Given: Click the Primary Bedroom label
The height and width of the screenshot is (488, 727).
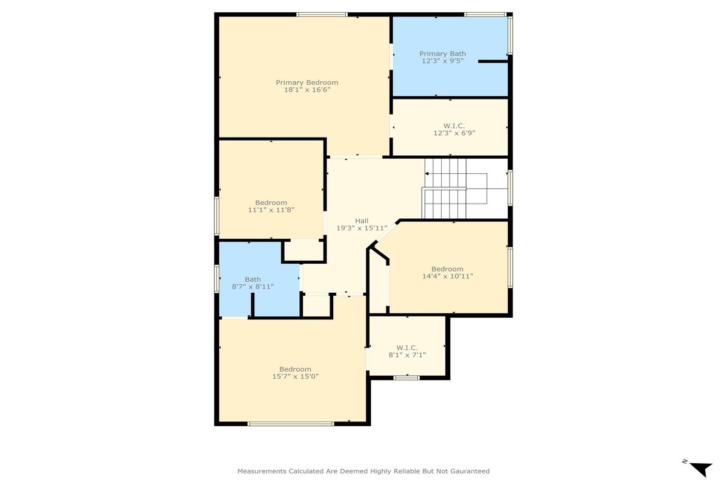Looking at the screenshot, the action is (x=307, y=83).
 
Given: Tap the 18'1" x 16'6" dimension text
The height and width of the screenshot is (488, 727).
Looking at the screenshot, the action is (x=307, y=90).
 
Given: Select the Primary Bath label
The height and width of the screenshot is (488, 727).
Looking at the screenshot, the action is (x=442, y=54).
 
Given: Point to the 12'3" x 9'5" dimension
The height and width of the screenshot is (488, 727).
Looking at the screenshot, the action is (x=442, y=61).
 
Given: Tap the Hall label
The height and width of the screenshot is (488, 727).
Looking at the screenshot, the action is (x=362, y=221).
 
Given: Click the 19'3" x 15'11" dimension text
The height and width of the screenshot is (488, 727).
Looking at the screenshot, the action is (x=362, y=229).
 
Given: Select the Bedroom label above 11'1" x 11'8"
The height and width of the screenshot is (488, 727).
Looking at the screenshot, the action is (x=271, y=202).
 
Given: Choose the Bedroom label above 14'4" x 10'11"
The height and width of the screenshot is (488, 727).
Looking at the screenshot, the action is (x=447, y=269).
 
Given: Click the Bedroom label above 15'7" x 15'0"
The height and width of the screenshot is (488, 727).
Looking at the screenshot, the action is (x=296, y=369).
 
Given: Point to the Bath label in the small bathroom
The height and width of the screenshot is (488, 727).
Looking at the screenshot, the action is (x=253, y=279).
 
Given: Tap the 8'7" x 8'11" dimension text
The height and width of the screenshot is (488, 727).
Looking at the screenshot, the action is (x=253, y=287).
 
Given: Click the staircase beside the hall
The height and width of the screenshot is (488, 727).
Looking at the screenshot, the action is (x=456, y=189).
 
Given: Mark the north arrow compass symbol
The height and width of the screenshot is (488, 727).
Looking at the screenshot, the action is (x=700, y=469).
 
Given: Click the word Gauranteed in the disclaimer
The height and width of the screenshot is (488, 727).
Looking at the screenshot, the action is (x=470, y=471).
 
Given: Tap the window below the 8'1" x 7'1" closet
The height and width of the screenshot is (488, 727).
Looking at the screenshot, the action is (x=407, y=378).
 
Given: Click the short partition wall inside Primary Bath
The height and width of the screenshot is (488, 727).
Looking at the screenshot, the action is (x=493, y=61).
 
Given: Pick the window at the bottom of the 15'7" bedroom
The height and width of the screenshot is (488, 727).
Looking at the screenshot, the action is (x=291, y=424).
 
